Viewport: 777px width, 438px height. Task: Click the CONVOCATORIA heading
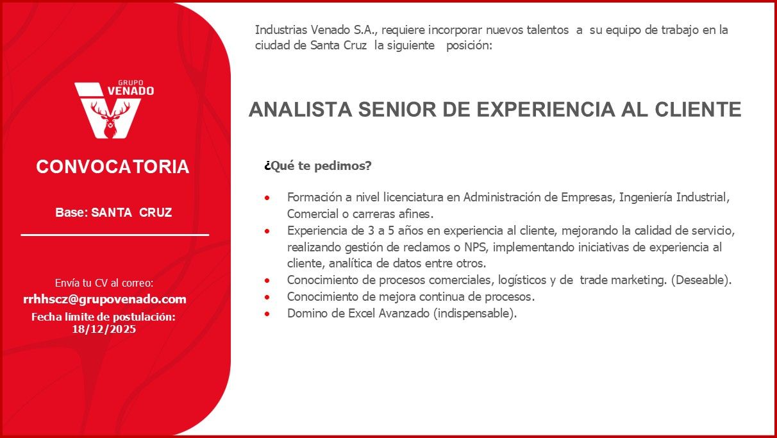[113, 167]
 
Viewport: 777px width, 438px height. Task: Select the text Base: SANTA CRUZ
[113, 212]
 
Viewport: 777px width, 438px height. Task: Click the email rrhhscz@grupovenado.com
[104, 299]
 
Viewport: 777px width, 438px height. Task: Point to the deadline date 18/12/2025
[104, 329]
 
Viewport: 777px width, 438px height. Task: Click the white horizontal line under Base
[115, 235]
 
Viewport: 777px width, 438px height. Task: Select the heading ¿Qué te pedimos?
[318, 166]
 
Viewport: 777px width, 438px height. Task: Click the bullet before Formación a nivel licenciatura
[267, 198]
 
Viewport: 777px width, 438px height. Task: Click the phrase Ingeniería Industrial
[674, 197]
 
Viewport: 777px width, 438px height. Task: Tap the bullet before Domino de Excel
[267, 314]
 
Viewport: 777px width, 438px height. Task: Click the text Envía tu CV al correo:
[104, 283]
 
